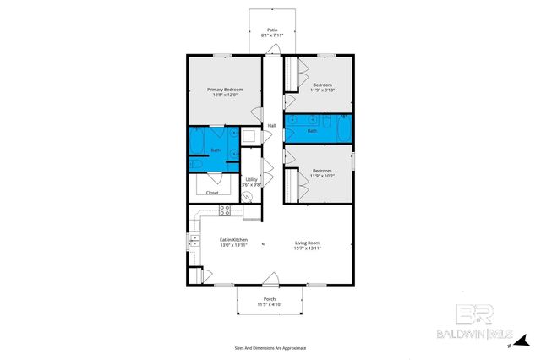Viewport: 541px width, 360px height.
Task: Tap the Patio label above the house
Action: [x=271, y=29]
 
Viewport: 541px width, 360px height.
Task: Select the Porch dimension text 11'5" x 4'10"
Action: [x=270, y=304]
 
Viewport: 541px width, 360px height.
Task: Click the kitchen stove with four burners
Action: [x=225, y=210]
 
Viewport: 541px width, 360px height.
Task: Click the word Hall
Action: [x=271, y=126]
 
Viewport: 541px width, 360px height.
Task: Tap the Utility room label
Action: [x=251, y=179]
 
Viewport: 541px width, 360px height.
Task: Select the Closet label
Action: [x=212, y=193]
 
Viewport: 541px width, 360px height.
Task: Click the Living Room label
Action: [x=307, y=243]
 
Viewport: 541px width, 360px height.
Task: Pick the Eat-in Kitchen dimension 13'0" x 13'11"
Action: [x=233, y=247]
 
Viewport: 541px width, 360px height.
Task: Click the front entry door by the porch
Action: [x=270, y=279]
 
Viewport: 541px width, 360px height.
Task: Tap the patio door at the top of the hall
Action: [x=270, y=52]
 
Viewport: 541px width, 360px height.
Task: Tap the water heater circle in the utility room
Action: [x=247, y=197]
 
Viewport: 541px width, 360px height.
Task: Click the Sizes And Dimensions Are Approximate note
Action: [x=270, y=348]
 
